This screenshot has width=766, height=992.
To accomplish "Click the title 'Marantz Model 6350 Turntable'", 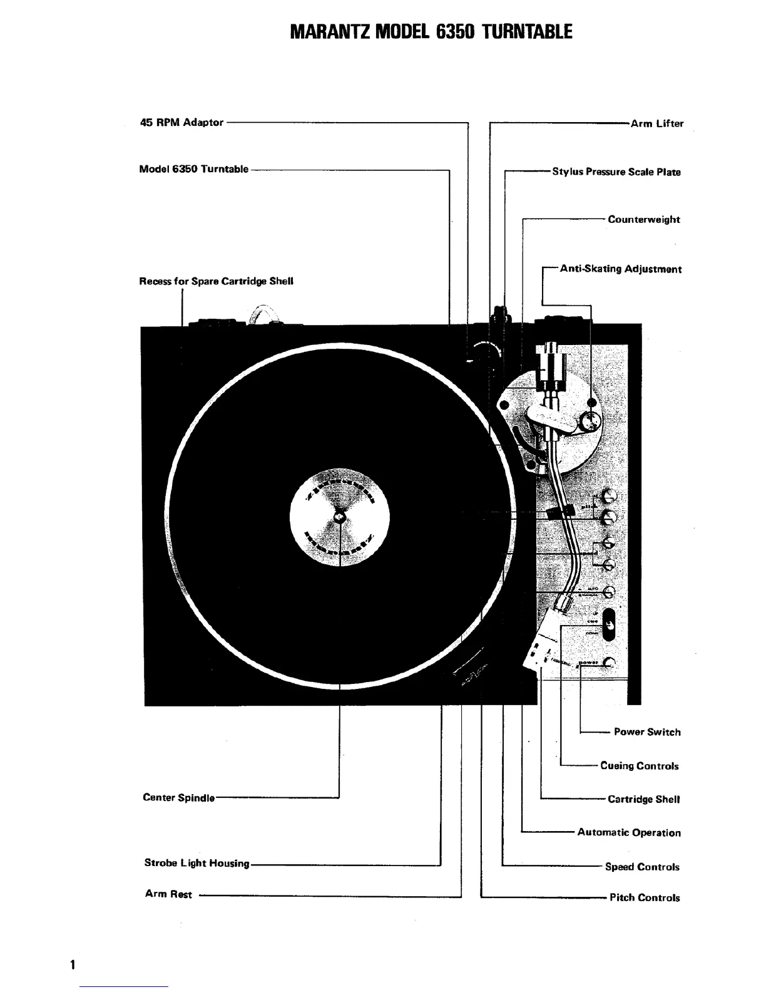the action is (431, 31).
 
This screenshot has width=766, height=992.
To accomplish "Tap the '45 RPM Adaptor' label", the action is (181, 123).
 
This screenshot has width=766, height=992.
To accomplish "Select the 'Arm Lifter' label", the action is (656, 124).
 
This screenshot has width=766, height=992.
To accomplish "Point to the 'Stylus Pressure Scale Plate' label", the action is (616, 172).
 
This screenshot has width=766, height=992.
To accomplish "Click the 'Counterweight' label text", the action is (643, 220).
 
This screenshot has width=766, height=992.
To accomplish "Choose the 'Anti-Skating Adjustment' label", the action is (620, 269).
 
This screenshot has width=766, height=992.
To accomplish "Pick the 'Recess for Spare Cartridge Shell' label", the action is (216, 281).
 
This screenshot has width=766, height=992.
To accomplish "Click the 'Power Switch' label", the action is (646, 732).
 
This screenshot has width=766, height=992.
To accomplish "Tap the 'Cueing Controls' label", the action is (639, 766).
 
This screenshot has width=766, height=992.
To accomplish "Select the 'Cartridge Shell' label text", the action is (643, 800).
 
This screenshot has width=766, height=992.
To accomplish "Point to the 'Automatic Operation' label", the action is (628, 833).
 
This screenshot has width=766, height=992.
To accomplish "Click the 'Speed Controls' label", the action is (641, 867).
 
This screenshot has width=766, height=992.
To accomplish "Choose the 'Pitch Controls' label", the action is (644, 898).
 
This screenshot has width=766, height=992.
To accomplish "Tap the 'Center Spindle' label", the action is (178, 798).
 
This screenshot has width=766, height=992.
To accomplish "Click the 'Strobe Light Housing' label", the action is (197, 864).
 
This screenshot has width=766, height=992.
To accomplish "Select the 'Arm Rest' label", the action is (168, 894).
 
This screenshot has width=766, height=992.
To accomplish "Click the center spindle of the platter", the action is (340, 517).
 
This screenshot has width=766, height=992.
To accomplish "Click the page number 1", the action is (73, 964).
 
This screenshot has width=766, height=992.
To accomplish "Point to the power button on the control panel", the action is (610, 663).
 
